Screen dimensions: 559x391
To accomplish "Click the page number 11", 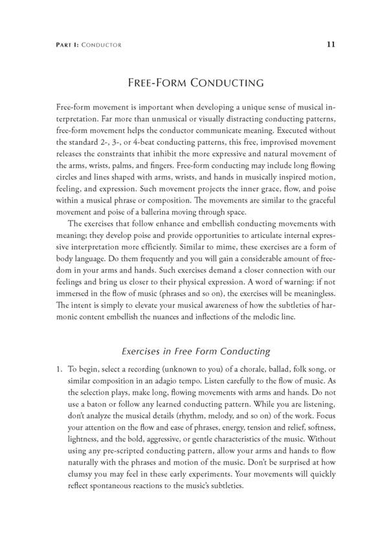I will coord(330,45).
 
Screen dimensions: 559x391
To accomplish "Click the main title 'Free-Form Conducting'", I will coord(195,83).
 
